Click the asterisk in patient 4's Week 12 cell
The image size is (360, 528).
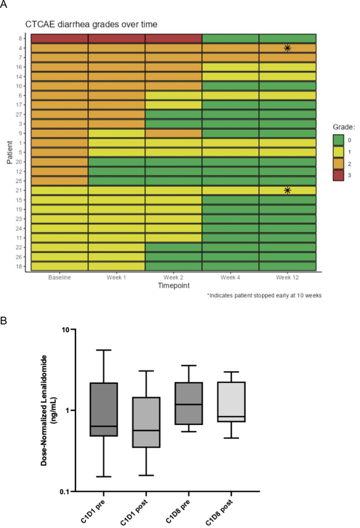click(x=287, y=48)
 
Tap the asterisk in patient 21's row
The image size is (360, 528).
click(x=287, y=190)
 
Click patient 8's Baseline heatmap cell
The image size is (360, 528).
click(x=59, y=38)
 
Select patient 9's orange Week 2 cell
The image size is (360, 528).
click(x=173, y=133)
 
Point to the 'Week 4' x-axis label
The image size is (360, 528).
click(x=230, y=277)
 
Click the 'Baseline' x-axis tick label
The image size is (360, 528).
click(x=59, y=277)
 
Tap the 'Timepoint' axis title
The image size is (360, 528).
click(x=173, y=285)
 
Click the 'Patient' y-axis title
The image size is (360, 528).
click(x=10, y=153)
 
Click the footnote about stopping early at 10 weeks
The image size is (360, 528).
click(x=264, y=296)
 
